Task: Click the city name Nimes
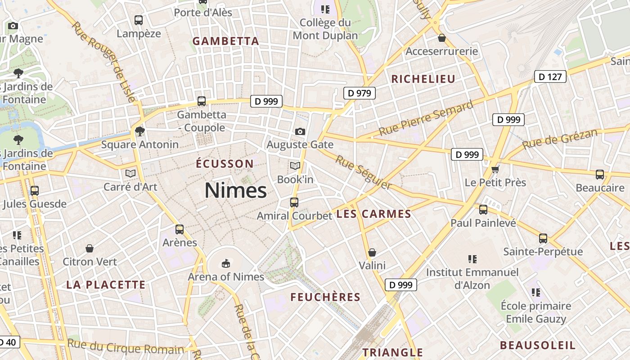(236, 190)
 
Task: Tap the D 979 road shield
(360, 93)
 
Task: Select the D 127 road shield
(550, 76)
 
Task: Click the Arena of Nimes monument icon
(225, 263)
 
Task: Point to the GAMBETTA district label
(226, 41)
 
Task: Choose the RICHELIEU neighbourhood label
(423, 79)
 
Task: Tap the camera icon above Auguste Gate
(300, 131)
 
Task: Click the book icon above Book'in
(295, 166)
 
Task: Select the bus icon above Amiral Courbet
(294, 202)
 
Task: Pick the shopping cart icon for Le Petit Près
(495, 169)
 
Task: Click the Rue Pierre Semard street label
(426, 118)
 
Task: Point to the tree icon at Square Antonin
(140, 131)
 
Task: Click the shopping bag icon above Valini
(372, 252)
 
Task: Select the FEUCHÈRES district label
(325, 297)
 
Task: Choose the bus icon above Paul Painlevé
(483, 209)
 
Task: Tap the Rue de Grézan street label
(560, 139)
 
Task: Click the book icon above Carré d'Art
(130, 173)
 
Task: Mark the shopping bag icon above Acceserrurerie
(441, 38)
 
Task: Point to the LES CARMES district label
(374, 214)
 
